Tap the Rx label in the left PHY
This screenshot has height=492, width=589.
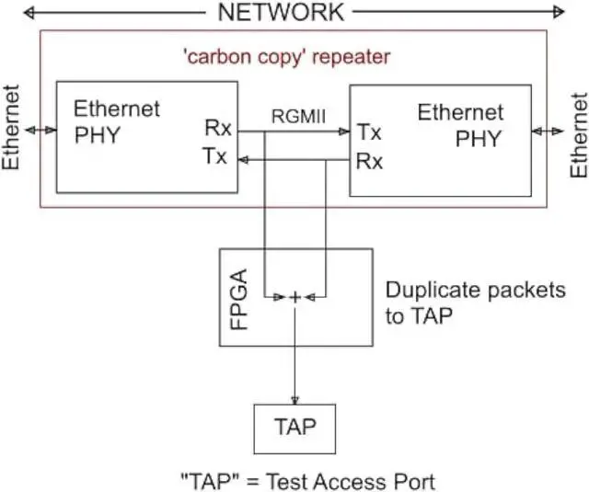click(x=217, y=129)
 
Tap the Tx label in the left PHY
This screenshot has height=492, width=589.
click(x=215, y=156)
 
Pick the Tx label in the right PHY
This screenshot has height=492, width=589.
click(x=369, y=132)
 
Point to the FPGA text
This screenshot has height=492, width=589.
click(x=238, y=295)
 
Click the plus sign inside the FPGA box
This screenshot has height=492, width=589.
click(x=294, y=297)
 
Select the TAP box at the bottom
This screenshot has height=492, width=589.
click(x=294, y=428)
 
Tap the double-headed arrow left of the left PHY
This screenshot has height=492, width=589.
click(x=42, y=132)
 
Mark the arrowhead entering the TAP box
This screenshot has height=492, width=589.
click(x=294, y=400)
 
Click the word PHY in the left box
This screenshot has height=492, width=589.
click(x=98, y=136)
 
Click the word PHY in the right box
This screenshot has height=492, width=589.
click(x=479, y=139)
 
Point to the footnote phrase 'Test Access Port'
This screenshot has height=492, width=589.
click(x=360, y=481)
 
